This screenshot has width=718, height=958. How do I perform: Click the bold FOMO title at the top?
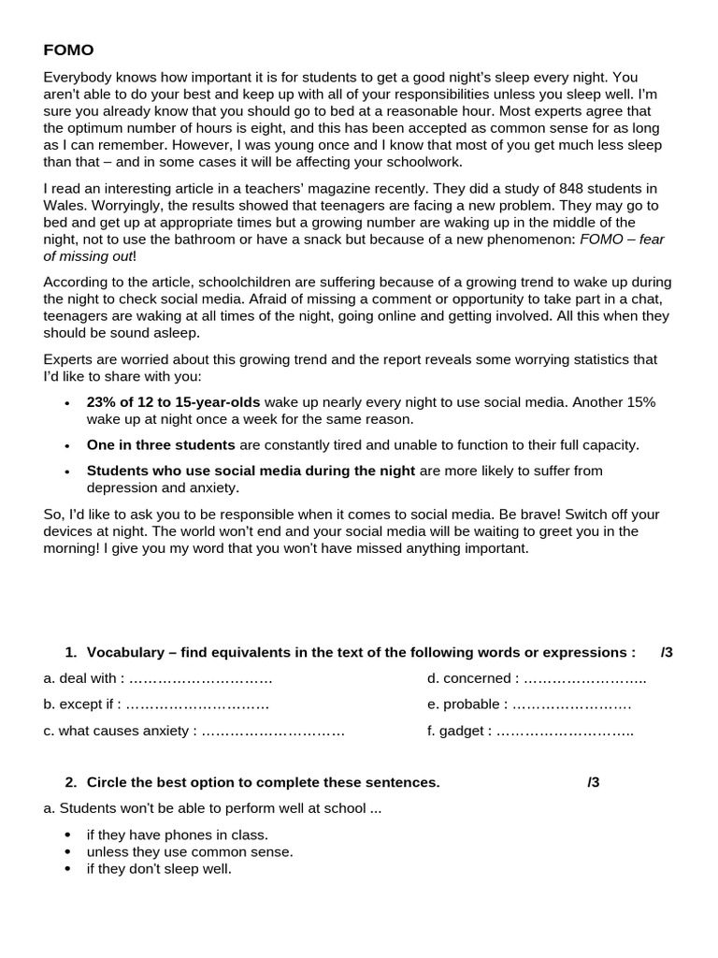pyautogui.click(x=68, y=50)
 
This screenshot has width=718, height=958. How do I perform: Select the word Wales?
pyautogui.click(x=64, y=206)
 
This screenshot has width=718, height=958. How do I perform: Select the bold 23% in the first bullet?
pyautogui.click(x=101, y=402)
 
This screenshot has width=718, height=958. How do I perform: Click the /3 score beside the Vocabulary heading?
pyautogui.click(x=666, y=652)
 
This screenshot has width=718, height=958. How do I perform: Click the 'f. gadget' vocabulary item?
pyautogui.click(x=457, y=731)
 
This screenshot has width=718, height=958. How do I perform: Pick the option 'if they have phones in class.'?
pyautogui.click(x=177, y=835)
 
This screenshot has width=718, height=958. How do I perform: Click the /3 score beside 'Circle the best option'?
pyautogui.click(x=593, y=782)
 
